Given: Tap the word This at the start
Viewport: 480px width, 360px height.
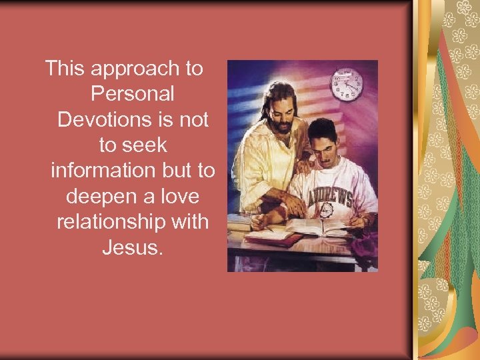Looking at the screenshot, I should (x=65, y=67).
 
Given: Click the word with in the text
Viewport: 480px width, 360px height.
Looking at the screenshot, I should (x=189, y=221).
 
